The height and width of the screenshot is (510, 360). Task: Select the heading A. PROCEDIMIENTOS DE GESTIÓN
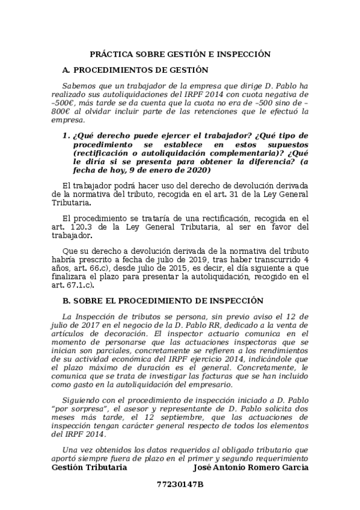[131, 71]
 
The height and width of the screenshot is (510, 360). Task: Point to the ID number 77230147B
[180, 484]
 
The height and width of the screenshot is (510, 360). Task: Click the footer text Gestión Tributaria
[90, 467]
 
